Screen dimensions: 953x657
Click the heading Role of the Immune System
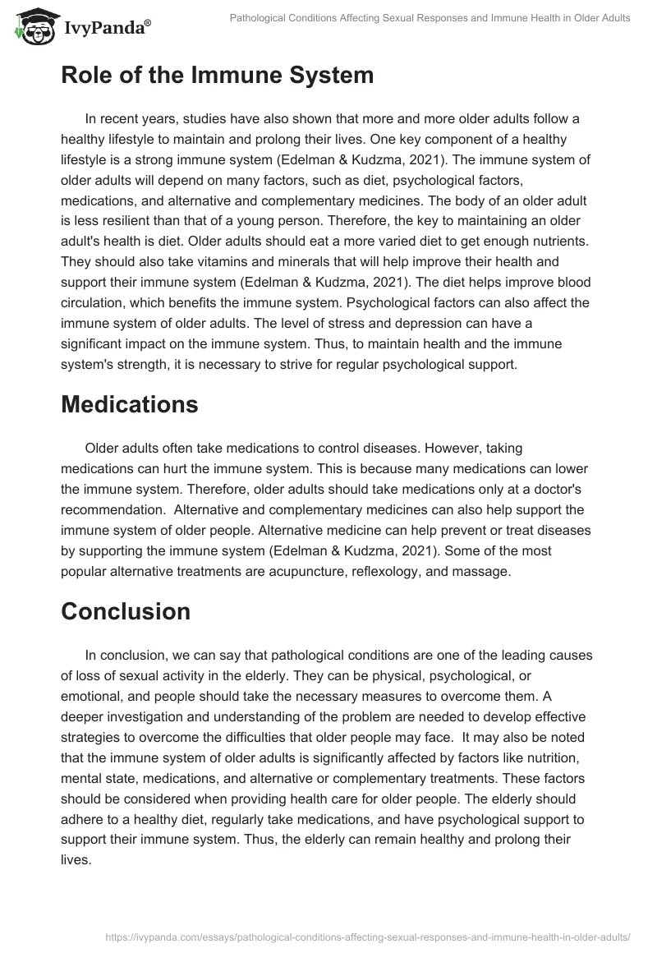coord(217,76)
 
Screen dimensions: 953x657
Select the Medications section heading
coord(129,403)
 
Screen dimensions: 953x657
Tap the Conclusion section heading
coord(125,611)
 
